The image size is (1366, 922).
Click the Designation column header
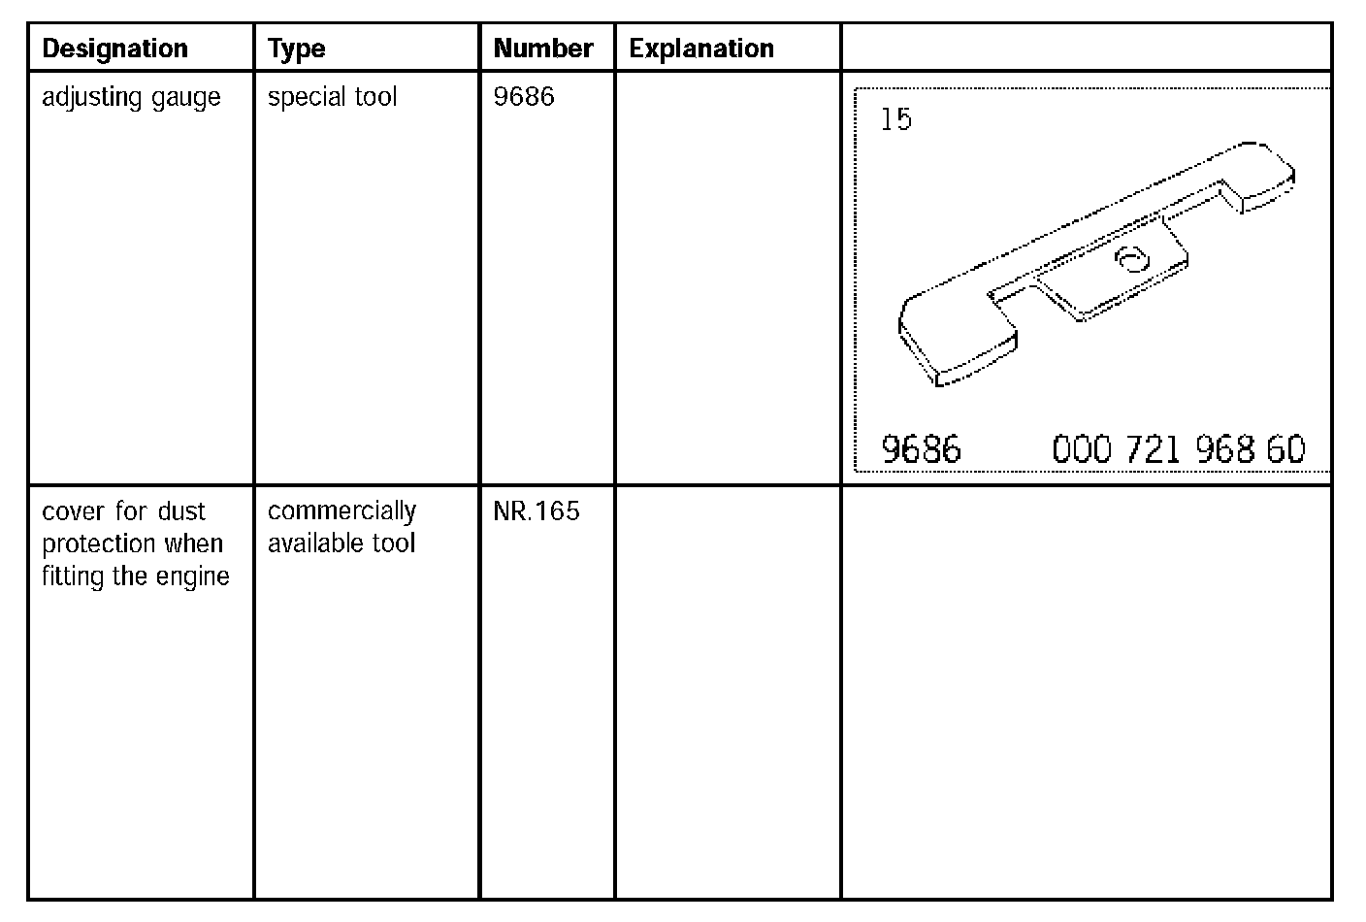(114, 49)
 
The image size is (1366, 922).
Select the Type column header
(296, 49)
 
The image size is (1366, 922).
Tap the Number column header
(542, 49)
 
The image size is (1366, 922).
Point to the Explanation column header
(701, 49)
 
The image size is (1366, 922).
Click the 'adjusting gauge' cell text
(131, 98)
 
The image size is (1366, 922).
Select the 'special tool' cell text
(333, 98)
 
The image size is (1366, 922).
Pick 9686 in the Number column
(524, 96)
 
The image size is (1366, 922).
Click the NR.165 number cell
(537, 511)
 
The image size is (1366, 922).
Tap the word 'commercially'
(342, 511)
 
